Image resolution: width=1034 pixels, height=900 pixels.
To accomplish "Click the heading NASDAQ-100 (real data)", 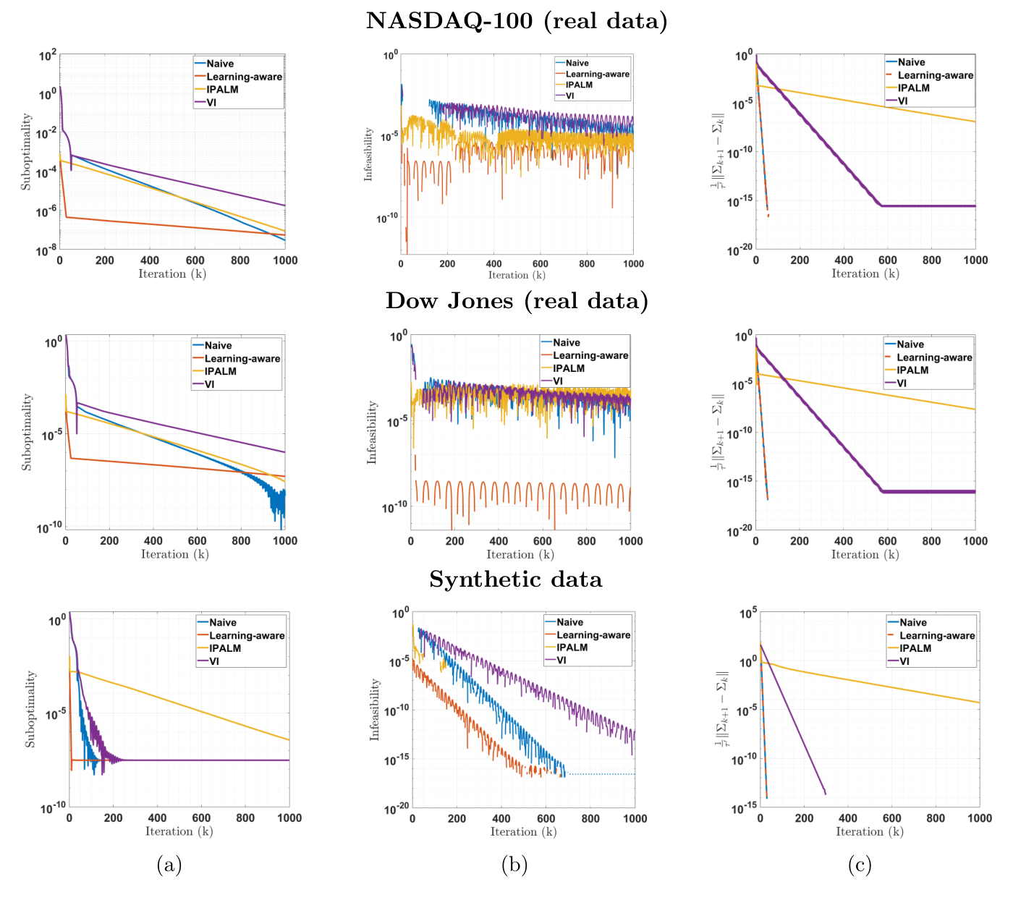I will (x=517, y=21).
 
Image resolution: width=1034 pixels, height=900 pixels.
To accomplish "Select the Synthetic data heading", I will (x=516, y=580).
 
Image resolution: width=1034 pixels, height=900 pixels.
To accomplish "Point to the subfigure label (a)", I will (x=169, y=865).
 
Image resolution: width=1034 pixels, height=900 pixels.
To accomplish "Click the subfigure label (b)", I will (x=514, y=865).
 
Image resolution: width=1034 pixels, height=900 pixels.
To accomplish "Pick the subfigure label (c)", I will (x=860, y=865).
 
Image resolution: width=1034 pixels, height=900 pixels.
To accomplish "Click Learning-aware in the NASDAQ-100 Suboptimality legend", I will (x=244, y=77).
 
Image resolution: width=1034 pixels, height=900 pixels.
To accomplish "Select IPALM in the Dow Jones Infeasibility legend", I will (x=569, y=368).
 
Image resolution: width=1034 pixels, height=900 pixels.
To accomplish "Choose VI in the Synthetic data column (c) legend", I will (x=904, y=661).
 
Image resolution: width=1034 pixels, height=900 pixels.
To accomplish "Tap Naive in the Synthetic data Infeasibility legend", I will (x=569, y=622).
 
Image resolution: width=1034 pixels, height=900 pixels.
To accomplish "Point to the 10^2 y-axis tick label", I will (x=47, y=56).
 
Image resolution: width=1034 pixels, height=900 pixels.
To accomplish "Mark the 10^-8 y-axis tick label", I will (x=46, y=250).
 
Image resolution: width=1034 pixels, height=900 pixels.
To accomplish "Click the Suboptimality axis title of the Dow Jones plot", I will (x=27, y=432).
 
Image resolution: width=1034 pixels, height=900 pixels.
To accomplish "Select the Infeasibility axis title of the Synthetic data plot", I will (x=374, y=709).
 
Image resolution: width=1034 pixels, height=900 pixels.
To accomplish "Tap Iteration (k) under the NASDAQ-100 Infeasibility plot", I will (x=517, y=275).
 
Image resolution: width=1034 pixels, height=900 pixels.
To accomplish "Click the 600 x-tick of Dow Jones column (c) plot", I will (x=887, y=541).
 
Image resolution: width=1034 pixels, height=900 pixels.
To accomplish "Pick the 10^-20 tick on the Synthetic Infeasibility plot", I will (x=395, y=808).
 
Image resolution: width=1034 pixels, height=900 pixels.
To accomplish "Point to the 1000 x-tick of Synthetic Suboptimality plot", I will (x=289, y=818).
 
